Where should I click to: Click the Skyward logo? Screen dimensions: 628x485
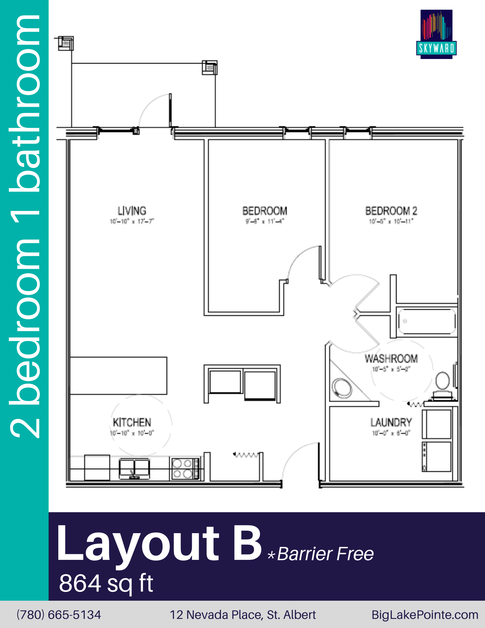tap(436, 34)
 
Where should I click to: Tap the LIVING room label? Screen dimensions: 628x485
tap(132, 211)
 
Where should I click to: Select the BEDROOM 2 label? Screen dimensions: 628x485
tap(391, 211)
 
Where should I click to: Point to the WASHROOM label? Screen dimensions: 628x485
tap(391, 359)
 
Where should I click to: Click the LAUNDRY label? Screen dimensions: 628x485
tap(391, 423)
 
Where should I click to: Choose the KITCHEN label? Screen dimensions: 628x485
tap(132, 422)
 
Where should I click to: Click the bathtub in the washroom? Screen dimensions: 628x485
tap(426, 321)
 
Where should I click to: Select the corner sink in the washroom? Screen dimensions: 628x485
tap(342, 388)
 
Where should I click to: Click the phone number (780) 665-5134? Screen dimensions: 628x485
tap(59, 615)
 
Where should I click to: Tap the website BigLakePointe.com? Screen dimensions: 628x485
tap(425, 615)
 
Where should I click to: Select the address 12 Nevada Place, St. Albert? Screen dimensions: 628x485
tap(243, 615)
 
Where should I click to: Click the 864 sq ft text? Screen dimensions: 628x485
tap(106, 583)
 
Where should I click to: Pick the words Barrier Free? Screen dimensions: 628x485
tap(325, 554)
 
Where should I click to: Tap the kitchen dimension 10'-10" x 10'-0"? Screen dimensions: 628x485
tap(132, 434)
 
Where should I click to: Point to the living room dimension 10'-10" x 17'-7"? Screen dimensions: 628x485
tap(132, 221)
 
